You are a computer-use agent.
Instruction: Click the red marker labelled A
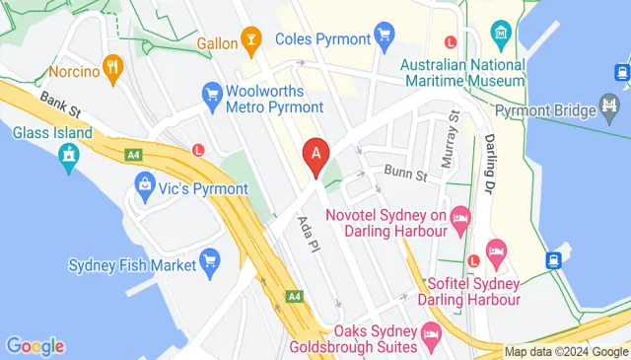point(315,156)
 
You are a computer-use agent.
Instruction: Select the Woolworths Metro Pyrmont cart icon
point(211,94)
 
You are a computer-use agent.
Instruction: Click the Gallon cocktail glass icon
point(251,41)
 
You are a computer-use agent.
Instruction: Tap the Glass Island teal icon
point(68,155)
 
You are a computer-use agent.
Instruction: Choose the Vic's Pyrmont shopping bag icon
point(145,183)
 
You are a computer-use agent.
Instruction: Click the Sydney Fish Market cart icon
point(208,260)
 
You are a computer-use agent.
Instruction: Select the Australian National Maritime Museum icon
point(503,31)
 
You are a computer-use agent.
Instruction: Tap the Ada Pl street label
point(305,232)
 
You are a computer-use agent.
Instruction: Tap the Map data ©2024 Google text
point(565,351)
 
